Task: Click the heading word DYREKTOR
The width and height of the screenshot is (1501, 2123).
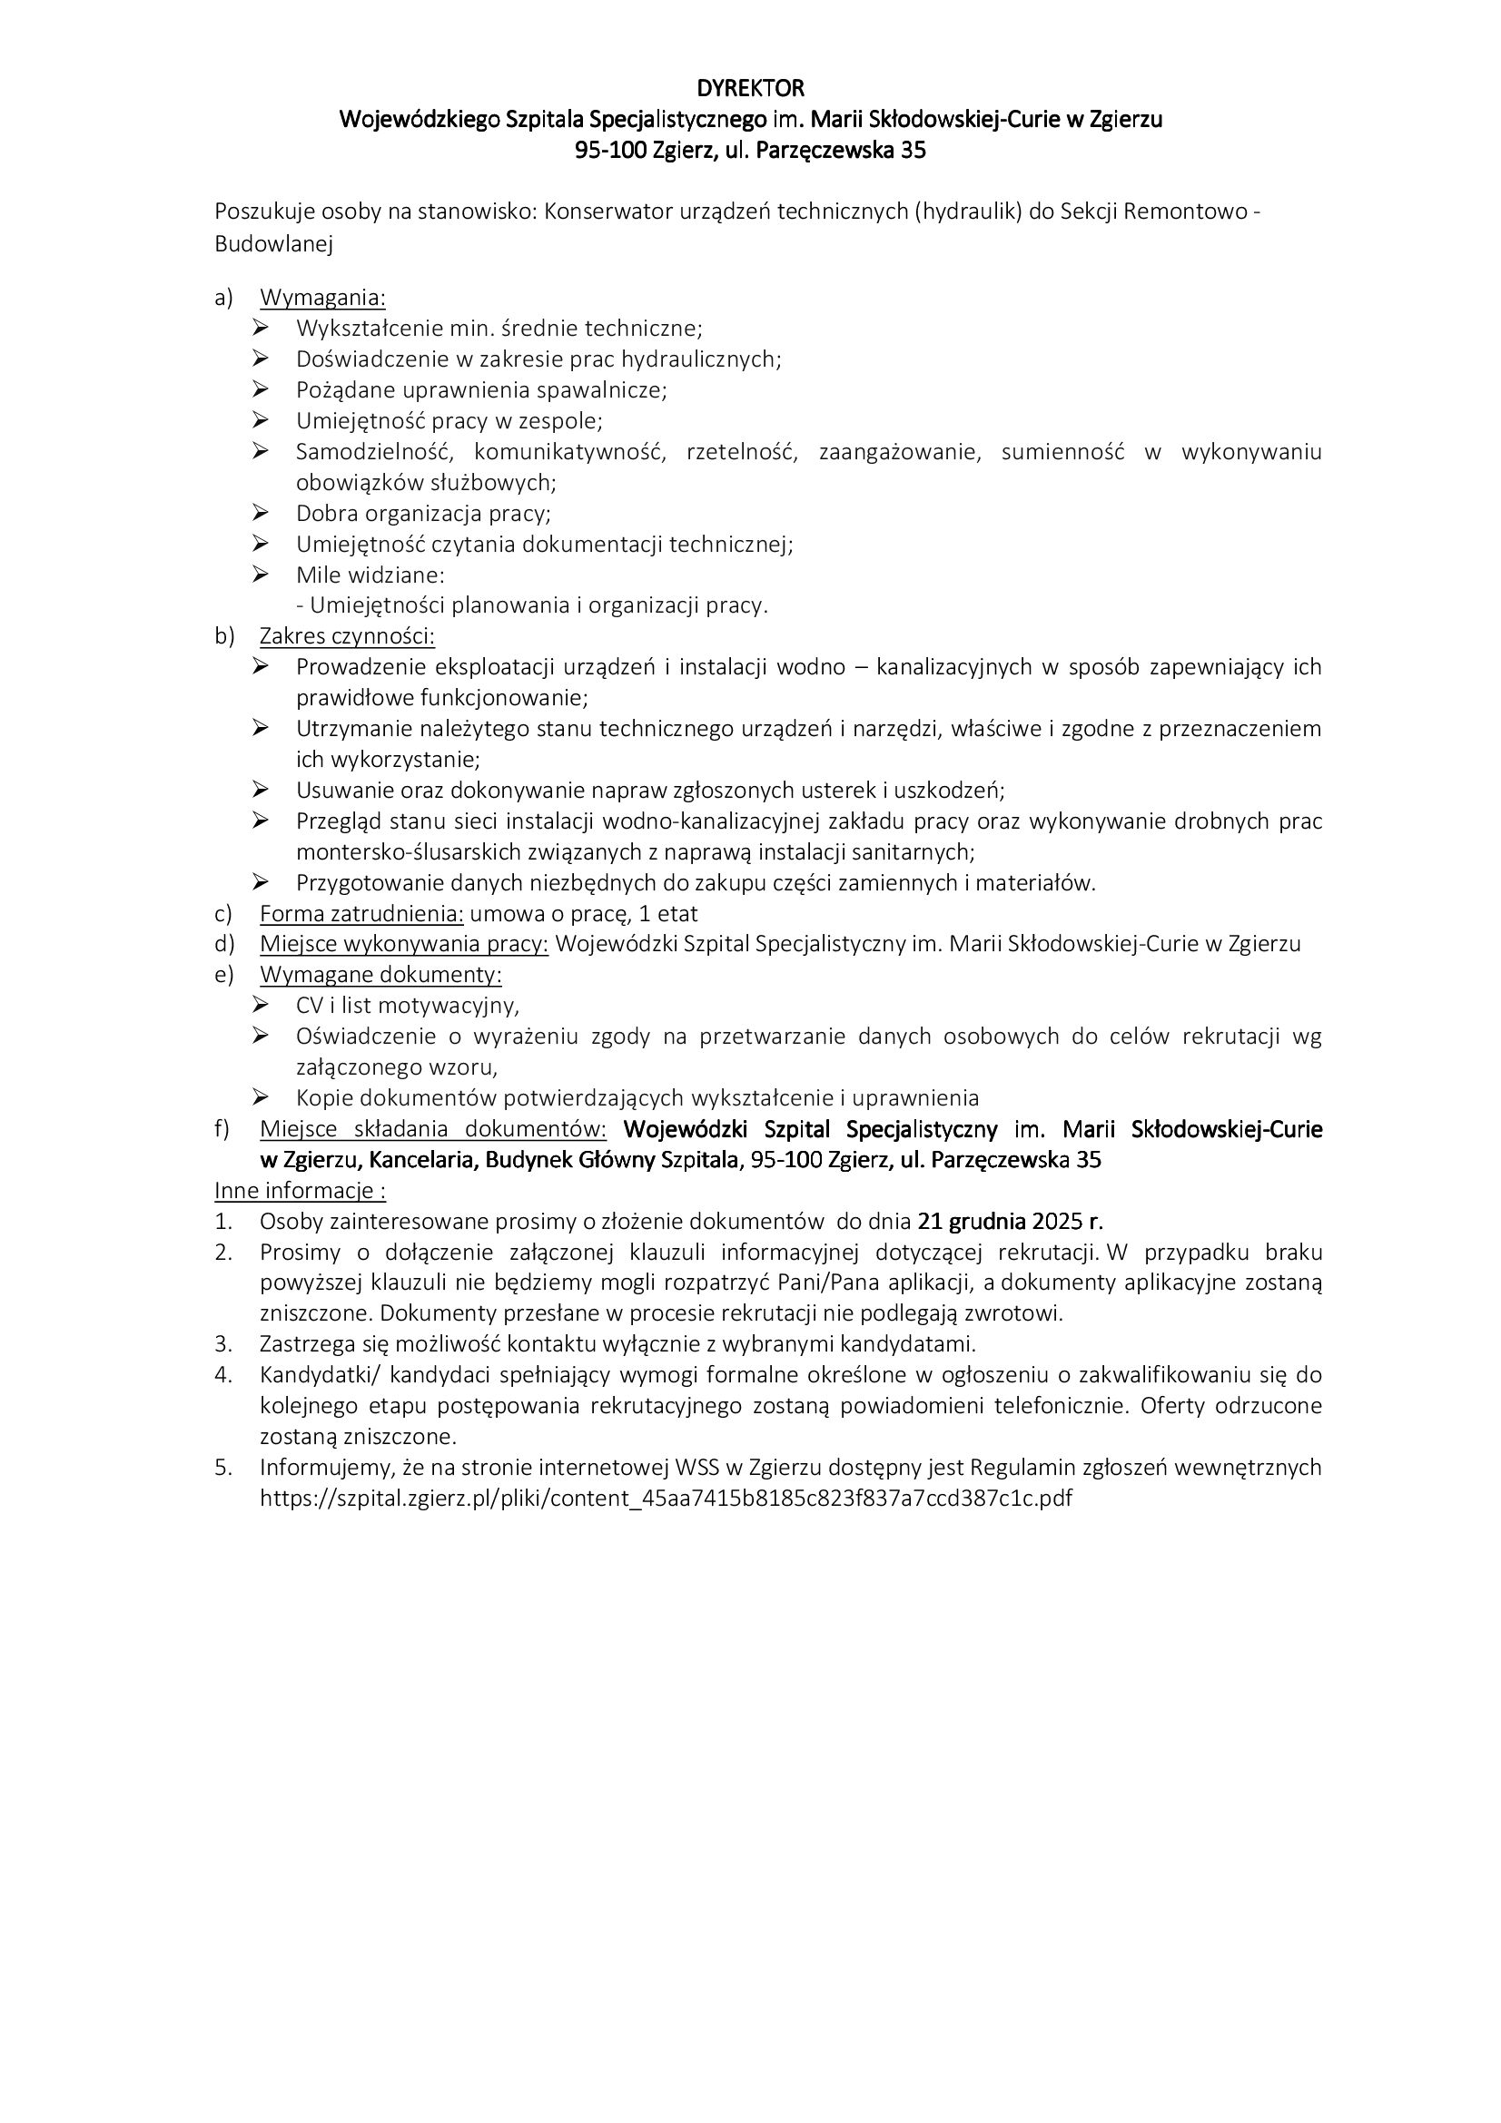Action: tap(750, 89)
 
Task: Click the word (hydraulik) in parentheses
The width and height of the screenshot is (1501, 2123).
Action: tap(971, 211)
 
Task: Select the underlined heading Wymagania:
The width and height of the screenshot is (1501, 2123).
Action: tap(322, 298)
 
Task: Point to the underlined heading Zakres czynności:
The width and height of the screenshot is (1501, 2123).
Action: tap(347, 636)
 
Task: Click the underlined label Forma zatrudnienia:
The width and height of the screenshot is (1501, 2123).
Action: tap(361, 914)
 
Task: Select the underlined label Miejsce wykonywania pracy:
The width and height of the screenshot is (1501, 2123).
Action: tap(404, 944)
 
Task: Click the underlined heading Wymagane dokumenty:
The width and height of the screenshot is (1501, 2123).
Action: tap(381, 975)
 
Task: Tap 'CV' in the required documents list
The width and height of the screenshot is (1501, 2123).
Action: tap(310, 1005)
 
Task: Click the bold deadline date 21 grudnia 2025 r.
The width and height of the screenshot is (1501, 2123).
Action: tap(1010, 1222)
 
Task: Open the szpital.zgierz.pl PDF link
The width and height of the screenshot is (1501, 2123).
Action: tap(666, 1498)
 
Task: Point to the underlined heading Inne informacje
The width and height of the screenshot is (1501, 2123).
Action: tap(300, 1190)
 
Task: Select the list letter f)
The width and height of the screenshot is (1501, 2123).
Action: tap(222, 1129)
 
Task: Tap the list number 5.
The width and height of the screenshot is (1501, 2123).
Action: tap(222, 1468)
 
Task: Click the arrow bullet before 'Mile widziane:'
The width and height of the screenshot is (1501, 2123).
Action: tap(260, 575)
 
